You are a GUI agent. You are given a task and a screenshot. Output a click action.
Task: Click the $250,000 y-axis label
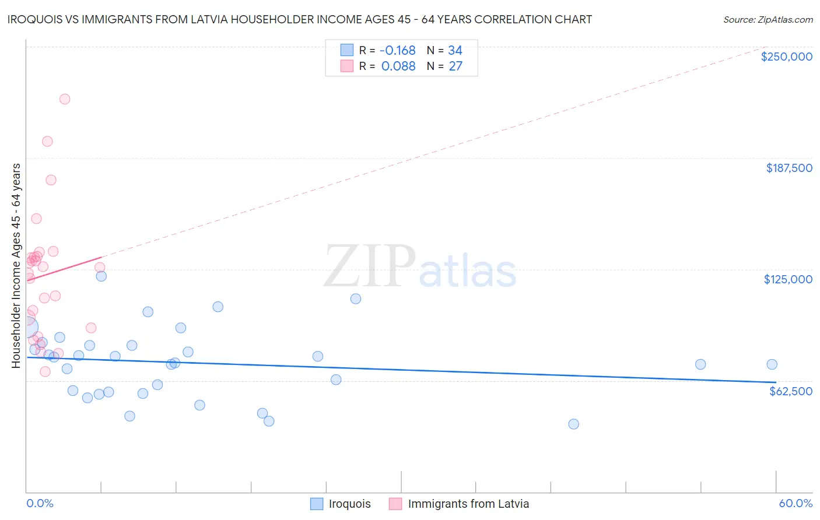[x=786, y=57]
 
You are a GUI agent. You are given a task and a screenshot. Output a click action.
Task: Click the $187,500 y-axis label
[x=789, y=168]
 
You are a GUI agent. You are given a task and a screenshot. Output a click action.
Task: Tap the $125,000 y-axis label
[x=788, y=279]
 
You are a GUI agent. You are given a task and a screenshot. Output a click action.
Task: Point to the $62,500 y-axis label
[x=790, y=391]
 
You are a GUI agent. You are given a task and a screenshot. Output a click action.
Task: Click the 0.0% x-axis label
[x=40, y=503]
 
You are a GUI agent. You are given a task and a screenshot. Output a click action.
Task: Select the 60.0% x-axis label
[x=795, y=503]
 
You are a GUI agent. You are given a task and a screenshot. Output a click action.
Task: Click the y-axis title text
[x=16, y=266]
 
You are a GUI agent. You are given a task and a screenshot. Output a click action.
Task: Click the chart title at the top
[x=299, y=19]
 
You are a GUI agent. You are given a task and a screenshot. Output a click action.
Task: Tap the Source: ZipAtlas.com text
[x=768, y=19]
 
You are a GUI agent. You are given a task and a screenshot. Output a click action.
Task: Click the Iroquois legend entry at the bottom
[x=349, y=504]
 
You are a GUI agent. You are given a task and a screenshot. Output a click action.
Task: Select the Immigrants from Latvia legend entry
[x=468, y=504]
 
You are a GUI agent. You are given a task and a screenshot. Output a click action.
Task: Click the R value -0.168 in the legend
[x=398, y=50]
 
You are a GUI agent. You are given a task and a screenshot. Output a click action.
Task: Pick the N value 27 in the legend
[x=455, y=66]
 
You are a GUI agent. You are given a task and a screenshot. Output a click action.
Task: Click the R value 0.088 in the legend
[x=398, y=66]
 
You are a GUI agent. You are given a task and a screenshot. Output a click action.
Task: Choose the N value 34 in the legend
[x=455, y=50]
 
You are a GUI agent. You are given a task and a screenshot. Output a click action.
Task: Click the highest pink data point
[x=65, y=99]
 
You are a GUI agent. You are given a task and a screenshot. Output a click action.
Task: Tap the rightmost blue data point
[x=772, y=364]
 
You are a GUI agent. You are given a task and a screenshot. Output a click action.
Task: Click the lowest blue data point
[x=573, y=424]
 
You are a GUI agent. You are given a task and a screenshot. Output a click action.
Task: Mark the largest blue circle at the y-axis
[x=27, y=328]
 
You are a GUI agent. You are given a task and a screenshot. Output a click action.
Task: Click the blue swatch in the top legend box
[x=347, y=50]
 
